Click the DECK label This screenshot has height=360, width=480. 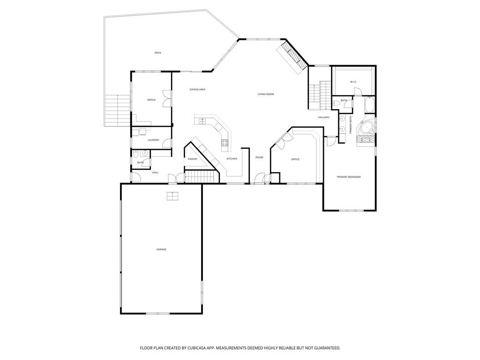(157, 53)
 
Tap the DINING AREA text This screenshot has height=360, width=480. (197, 90)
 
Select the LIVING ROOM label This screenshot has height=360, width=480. (266, 94)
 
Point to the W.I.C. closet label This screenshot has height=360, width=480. (353, 82)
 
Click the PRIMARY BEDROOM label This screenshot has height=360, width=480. (349, 177)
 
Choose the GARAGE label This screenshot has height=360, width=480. (161, 249)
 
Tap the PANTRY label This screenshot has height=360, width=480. (193, 159)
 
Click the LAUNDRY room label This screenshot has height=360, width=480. (153, 140)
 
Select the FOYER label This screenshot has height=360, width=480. (259, 157)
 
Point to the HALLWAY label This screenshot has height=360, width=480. (324, 117)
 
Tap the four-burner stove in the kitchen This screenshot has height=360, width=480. (225, 142)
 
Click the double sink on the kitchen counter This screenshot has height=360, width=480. (202, 121)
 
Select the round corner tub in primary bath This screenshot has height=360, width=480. (366, 127)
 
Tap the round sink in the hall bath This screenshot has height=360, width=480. (145, 153)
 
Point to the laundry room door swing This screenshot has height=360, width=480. (167, 143)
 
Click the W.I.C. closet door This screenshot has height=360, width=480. (358, 92)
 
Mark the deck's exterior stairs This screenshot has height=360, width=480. (118, 111)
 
